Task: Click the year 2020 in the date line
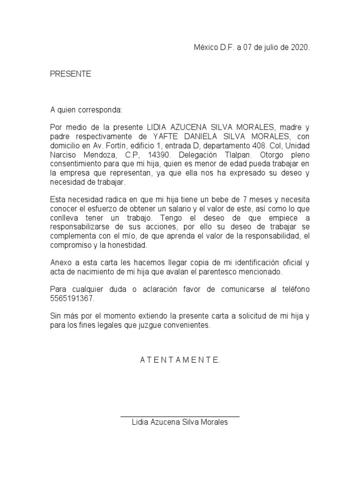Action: pyautogui.click(x=300, y=48)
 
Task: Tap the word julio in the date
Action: pyautogui.click(x=265, y=48)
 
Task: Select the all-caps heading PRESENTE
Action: pyautogui.click(x=71, y=74)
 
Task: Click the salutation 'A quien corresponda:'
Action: pyautogui.click(x=86, y=110)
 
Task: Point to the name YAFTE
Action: pyautogui.click(x=166, y=136)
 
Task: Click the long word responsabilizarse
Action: pyautogui.click(x=81, y=227)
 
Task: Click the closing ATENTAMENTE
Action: pyautogui.click(x=180, y=360)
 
